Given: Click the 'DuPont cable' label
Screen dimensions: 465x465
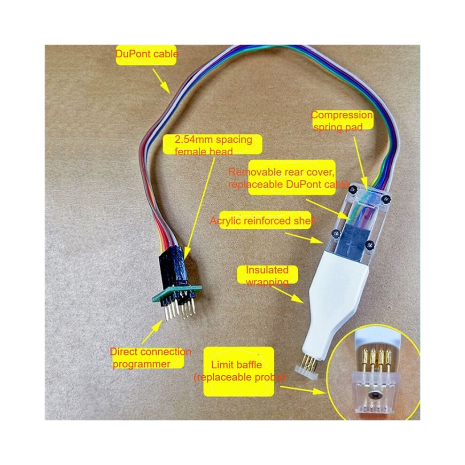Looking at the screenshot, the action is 147,54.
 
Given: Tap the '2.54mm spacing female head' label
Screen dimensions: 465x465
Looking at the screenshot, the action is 213,145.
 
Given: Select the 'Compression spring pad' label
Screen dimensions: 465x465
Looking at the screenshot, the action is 341,121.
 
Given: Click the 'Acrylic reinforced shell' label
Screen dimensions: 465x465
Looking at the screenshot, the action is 262,221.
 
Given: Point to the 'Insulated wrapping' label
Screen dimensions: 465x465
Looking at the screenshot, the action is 267,276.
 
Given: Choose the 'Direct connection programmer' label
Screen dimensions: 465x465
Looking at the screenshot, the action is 150,357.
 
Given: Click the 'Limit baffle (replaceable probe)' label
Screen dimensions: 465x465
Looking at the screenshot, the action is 240,371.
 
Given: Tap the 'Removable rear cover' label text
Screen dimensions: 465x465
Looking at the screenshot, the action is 281,172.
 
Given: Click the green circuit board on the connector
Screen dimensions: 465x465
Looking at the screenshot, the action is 177,293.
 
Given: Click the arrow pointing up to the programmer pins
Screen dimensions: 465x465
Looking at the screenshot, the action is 152,332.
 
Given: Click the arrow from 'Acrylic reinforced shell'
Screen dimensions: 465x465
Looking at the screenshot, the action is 304,238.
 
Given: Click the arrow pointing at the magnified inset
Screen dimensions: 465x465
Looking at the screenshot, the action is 303,390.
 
